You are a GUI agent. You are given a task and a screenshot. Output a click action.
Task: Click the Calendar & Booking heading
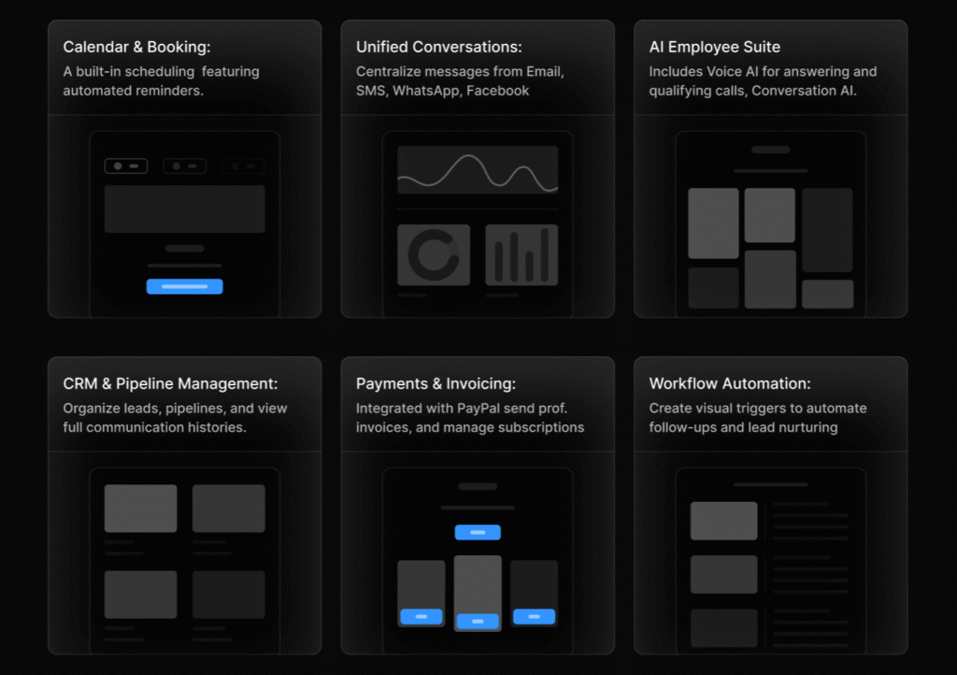point(136,47)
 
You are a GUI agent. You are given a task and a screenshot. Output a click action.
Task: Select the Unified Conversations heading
point(439,47)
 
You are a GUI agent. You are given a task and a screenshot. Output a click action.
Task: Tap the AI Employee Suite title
point(715,47)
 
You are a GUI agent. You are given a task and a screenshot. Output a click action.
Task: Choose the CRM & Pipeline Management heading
point(170,384)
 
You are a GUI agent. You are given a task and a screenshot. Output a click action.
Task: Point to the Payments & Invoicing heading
point(436,384)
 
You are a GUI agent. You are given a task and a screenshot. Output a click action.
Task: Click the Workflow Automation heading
point(730,384)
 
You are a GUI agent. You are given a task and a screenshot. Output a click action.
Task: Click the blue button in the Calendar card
point(184,286)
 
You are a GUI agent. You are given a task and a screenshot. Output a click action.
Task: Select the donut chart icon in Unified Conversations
point(434,255)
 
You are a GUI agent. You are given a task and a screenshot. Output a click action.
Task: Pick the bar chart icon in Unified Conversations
point(521,255)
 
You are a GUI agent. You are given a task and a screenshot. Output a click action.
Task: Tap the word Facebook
point(497,91)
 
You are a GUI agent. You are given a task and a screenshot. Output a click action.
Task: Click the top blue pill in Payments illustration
point(478,532)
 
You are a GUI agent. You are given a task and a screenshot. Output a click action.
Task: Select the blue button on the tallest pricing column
point(478,622)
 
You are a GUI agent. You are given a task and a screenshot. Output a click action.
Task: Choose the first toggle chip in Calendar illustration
point(126,166)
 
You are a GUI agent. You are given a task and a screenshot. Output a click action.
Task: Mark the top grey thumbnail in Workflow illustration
point(724,521)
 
